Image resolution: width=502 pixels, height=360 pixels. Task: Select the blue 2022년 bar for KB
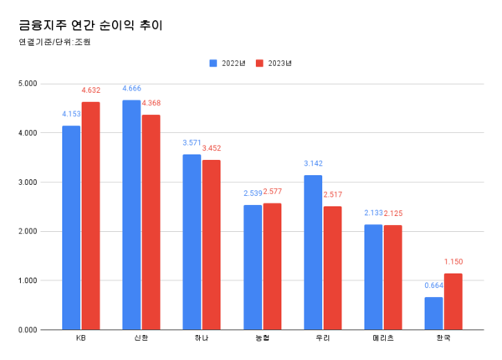pos(71,227)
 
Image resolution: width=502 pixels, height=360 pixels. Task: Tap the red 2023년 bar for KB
pos(90,215)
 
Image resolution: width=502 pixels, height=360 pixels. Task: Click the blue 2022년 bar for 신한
pos(131,214)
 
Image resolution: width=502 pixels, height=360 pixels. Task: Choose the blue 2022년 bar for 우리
pos(313,252)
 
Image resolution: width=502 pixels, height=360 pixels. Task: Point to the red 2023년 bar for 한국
pos(453,301)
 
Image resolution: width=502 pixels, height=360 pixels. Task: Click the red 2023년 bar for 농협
pos(272,266)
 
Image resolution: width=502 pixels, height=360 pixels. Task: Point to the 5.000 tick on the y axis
pos(28,84)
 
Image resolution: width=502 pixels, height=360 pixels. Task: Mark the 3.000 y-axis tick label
pos(28,183)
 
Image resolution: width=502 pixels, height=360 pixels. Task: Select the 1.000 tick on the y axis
pos(28,280)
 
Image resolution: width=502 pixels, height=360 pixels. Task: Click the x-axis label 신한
pos(141,339)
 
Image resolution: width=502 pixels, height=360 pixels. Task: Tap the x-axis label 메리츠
pos(383,339)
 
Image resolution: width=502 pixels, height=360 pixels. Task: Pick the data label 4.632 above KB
pos(91,90)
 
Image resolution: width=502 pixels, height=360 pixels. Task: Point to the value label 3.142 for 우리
pos(312,163)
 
